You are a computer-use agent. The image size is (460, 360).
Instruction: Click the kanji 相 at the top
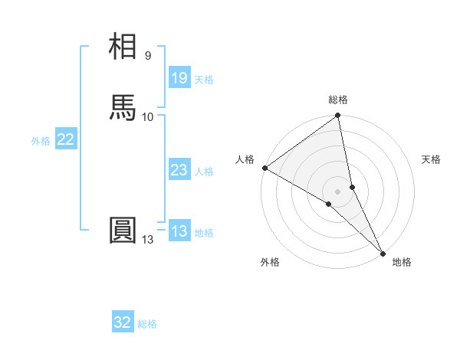point(123,47)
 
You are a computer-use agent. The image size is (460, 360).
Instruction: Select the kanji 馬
point(123,108)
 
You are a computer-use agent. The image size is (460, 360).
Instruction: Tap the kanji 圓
point(123,231)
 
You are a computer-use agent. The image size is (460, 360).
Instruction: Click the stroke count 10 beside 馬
point(148,116)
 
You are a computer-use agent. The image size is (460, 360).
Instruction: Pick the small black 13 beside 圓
point(148,240)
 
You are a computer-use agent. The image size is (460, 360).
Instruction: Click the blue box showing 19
point(179,78)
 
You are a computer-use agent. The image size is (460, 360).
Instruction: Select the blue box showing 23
point(179,170)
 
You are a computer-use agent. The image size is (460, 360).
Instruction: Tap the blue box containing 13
point(179,231)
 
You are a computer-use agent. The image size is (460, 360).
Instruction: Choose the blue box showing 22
point(66,139)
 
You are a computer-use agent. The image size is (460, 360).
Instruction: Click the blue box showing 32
point(123,322)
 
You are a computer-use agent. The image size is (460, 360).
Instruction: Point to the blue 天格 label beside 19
point(204,80)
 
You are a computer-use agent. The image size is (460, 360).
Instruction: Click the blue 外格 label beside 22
point(41,141)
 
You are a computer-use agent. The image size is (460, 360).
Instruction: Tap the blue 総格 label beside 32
point(147,324)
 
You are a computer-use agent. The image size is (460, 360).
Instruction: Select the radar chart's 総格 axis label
point(338,100)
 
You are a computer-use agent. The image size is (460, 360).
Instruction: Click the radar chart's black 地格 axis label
point(402,262)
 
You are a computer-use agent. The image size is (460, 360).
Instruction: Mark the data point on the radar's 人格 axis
point(264,168)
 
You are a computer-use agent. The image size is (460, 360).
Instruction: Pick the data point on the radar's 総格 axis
point(338,116)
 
